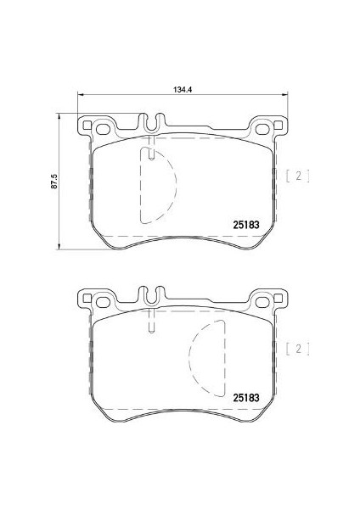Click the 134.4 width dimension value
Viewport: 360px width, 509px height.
coord(183,90)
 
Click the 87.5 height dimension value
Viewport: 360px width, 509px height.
coord(54,182)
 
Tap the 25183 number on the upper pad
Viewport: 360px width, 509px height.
coord(246,225)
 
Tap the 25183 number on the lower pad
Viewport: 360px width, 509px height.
coord(246,398)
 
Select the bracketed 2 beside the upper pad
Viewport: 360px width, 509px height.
coord(298,176)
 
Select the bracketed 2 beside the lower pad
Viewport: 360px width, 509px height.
coord(298,349)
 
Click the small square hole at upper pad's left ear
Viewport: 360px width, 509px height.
coord(87,125)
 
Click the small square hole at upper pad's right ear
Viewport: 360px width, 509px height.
coord(278,125)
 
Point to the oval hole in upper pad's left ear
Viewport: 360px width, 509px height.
coord(104,129)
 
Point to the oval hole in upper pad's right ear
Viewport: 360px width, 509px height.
coord(262,129)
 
